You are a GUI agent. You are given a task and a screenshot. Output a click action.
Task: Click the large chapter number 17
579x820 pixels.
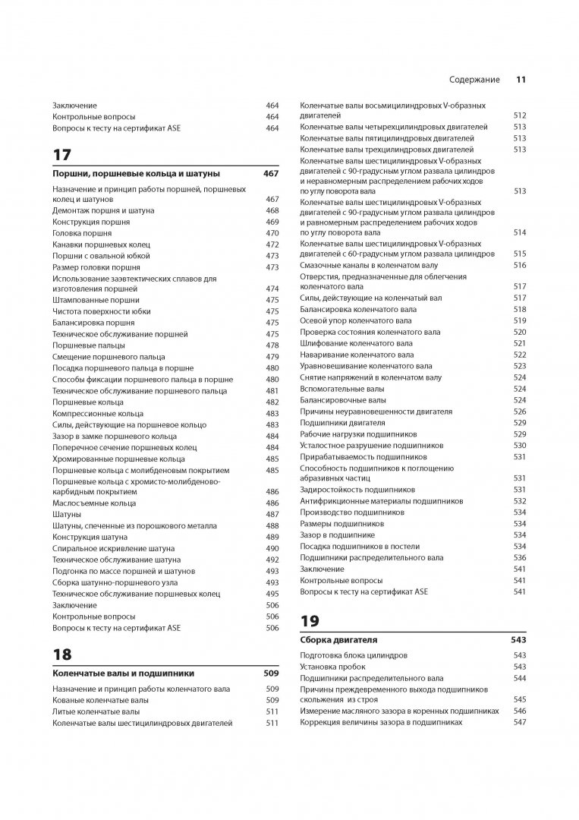tap(62, 155)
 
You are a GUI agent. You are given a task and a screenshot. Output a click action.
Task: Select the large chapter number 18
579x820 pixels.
tap(61, 654)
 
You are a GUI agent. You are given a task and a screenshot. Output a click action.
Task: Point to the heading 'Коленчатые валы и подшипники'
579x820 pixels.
tap(123, 673)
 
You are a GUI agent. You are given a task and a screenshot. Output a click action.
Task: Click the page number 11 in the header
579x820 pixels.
tap(521, 78)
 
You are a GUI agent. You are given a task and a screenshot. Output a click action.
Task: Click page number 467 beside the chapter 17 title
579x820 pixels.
tap(271, 173)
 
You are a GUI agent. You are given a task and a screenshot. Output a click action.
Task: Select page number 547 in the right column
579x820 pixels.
tap(519, 722)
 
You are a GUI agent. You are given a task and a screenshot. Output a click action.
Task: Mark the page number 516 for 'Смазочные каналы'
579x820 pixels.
tap(519, 265)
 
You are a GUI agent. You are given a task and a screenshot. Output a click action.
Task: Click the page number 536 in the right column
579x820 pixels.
tap(519, 557)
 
